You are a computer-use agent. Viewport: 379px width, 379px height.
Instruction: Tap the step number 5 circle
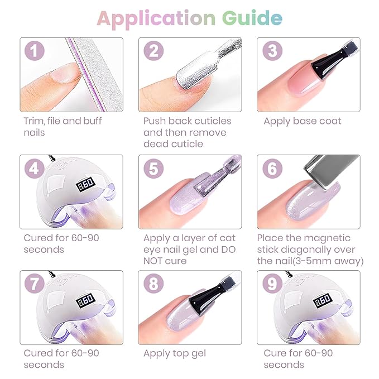coord(153,169)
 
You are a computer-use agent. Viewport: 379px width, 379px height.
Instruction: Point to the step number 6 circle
coord(272,169)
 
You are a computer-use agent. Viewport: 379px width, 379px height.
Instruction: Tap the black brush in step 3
coord(329,61)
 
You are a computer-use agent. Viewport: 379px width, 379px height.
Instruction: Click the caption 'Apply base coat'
coord(302,121)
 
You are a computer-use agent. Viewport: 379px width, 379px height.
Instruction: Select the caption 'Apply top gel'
coord(174,353)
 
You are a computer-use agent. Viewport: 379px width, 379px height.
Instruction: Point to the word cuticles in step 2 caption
coord(211,121)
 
